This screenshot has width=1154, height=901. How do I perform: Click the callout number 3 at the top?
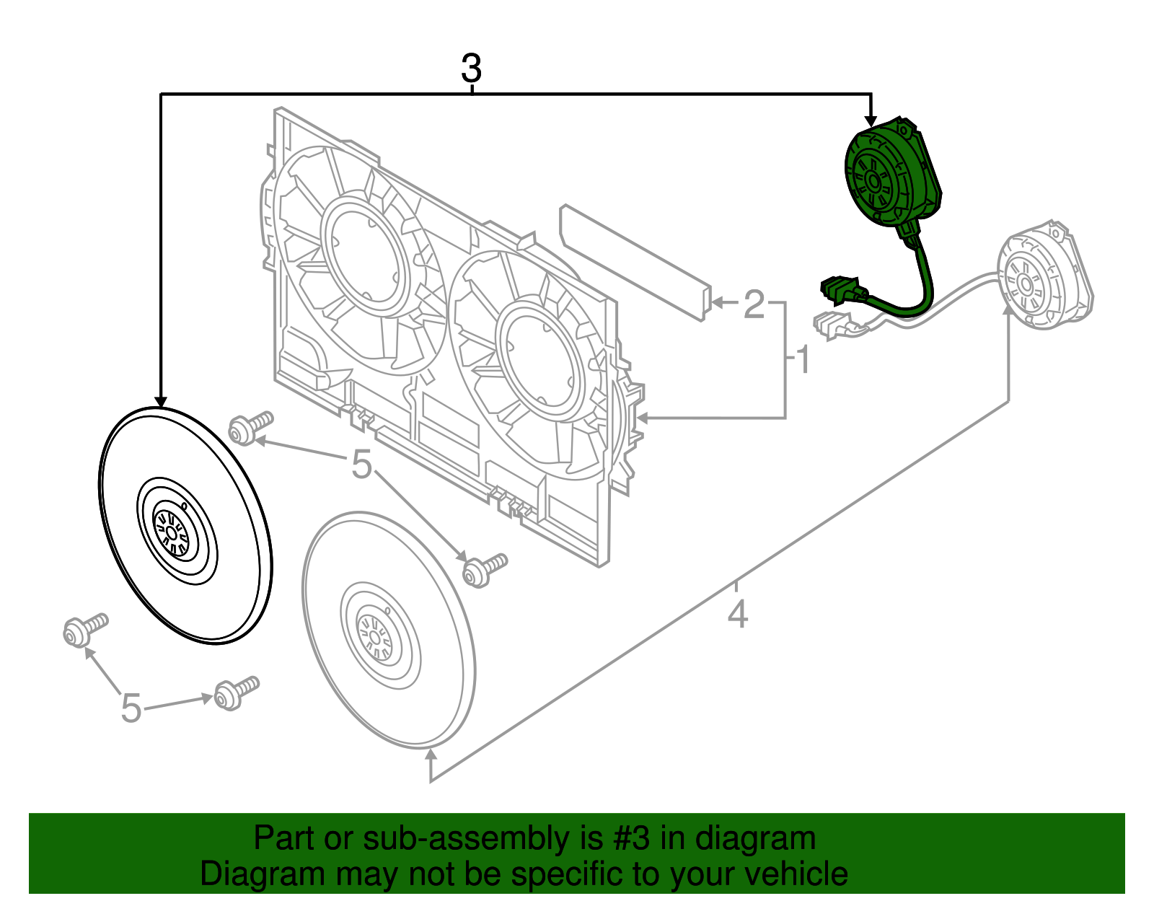[x=471, y=69]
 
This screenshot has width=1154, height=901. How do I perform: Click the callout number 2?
[x=754, y=304]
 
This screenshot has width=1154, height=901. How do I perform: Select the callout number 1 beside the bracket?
[x=803, y=360]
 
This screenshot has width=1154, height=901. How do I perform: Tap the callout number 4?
[x=737, y=615]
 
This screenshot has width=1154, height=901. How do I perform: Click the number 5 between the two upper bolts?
[x=361, y=465]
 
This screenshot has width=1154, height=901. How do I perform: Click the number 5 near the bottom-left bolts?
[x=131, y=707]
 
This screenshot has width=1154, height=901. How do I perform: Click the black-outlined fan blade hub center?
[x=172, y=532]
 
